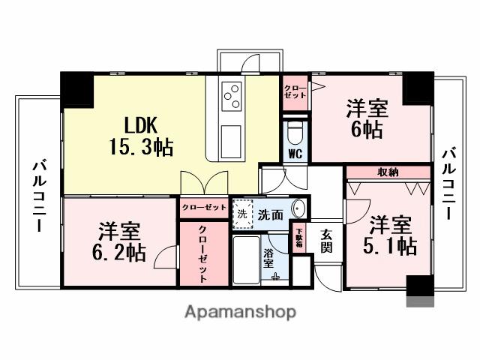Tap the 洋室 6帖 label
pos(366,118)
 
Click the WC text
pos(295,154)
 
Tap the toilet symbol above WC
pos(295,133)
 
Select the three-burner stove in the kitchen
pos(232,96)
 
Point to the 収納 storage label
pos(388,172)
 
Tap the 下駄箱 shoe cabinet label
pos(298,239)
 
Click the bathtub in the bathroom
pos(247,262)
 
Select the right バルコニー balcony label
pos(448,183)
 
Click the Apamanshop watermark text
pos(239,312)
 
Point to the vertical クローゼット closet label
pos(202,254)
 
